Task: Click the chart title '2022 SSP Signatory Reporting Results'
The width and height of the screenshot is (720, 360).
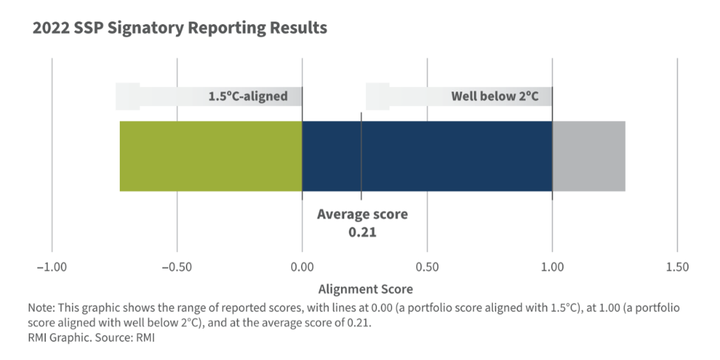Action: tap(180, 28)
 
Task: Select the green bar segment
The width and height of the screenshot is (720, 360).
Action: tap(210, 156)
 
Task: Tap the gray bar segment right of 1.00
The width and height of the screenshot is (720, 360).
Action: tap(589, 156)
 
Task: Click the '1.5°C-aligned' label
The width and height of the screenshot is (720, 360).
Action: tap(248, 96)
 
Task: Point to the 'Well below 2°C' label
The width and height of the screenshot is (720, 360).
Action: tap(494, 96)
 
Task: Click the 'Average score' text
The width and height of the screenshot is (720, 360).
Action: tap(362, 214)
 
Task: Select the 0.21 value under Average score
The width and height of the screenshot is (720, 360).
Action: tap(363, 233)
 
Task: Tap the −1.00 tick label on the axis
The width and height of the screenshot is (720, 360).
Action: tap(52, 267)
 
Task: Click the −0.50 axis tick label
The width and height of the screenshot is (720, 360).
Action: tap(177, 267)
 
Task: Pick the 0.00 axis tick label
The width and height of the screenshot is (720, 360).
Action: tap(302, 267)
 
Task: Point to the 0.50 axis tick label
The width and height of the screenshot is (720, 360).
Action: tap(427, 267)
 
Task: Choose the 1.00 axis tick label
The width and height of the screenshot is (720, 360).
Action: tap(552, 267)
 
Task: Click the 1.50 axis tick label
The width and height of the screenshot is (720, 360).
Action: tap(677, 267)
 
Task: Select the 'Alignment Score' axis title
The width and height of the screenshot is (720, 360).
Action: tap(366, 290)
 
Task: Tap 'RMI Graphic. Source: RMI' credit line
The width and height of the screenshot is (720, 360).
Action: tap(91, 338)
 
